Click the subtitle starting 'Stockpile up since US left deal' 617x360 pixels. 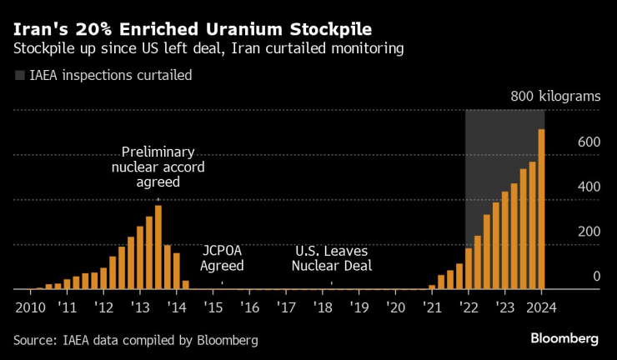coord(208,48)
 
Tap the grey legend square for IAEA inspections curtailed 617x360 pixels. coord(19,76)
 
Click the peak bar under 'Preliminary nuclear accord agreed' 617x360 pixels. coord(158,247)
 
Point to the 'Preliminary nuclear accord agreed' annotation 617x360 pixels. coord(158,167)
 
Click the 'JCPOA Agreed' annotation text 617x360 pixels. coord(222,258)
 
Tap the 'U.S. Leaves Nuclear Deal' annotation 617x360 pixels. coord(332,258)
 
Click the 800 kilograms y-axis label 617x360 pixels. coord(555,97)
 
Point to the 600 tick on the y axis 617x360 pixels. coord(589,142)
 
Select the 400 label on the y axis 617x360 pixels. coord(589,187)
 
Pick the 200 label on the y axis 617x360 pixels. coord(589,232)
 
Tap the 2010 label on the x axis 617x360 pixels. coord(29,307)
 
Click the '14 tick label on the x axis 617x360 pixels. coord(176,307)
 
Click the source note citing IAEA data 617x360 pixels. coord(136,340)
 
